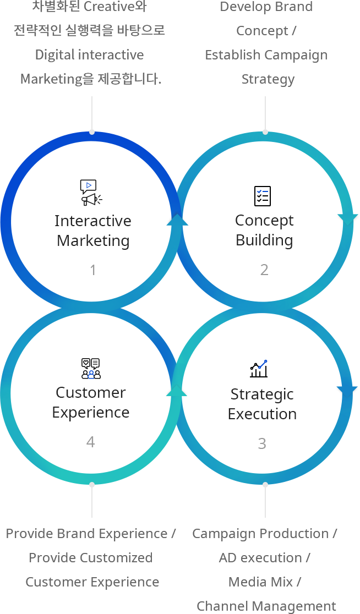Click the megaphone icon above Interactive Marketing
point(90,193)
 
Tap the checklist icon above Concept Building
point(263,196)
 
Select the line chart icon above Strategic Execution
point(259,369)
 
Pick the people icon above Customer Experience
point(91,369)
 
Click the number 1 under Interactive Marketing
point(93,270)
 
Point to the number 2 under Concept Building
point(264,270)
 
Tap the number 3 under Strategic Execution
point(262,443)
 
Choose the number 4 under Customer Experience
point(91,442)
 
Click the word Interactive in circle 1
point(93,221)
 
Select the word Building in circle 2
point(264,240)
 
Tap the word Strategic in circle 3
point(262,394)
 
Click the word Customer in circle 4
point(91,392)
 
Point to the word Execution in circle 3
point(262,414)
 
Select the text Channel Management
point(266,606)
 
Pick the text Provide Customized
point(91,557)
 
